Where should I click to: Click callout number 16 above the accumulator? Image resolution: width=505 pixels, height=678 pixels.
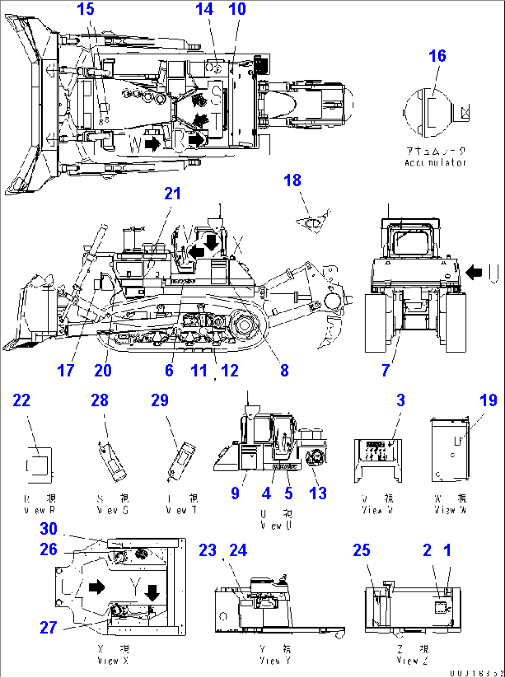(437, 56)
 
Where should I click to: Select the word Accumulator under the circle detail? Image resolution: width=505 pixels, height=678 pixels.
(435, 163)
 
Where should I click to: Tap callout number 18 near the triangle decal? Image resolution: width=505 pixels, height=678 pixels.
(292, 180)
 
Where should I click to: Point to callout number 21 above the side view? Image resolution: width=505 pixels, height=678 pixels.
(172, 194)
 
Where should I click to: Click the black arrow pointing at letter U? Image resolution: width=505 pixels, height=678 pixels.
(473, 272)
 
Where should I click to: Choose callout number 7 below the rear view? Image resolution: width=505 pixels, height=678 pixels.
(385, 370)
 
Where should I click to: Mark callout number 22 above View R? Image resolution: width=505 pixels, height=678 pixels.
(21, 400)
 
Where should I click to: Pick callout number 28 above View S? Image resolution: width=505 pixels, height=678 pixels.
(100, 400)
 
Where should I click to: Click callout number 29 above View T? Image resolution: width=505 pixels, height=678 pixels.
(160, 400)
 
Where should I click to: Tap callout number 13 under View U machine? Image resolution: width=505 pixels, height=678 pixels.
(318, 494)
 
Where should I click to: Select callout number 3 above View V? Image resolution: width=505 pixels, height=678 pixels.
(401, 400)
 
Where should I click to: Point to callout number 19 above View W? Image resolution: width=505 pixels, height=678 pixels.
(488, 400)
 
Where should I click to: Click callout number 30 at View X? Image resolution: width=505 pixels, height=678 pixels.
(49, 529)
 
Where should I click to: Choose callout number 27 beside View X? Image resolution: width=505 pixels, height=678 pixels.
(49, 627)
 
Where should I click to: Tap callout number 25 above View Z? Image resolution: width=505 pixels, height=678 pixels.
(361, 550)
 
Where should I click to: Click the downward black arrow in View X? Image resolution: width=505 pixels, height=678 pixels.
(152, 592)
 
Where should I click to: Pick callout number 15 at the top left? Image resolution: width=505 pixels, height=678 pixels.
(86, 9)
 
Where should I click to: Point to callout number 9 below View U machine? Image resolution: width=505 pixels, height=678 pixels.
(235, 494)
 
